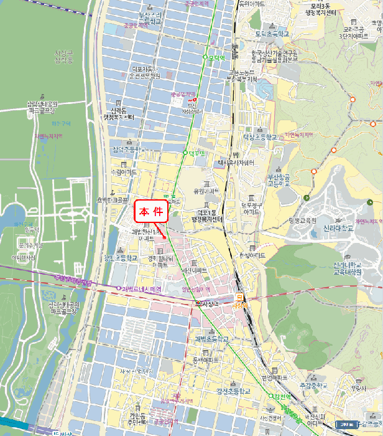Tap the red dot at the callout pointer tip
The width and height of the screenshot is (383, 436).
[x=164, y=237]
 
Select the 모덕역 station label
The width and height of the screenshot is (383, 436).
[x=215, y=57]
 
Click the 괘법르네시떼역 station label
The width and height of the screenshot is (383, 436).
[x=142, y=289]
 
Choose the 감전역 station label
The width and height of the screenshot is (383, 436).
[x=281, y=397]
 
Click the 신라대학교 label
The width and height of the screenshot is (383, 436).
[x=339, y=228]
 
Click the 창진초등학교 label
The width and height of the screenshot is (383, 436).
[x=120, y=257]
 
